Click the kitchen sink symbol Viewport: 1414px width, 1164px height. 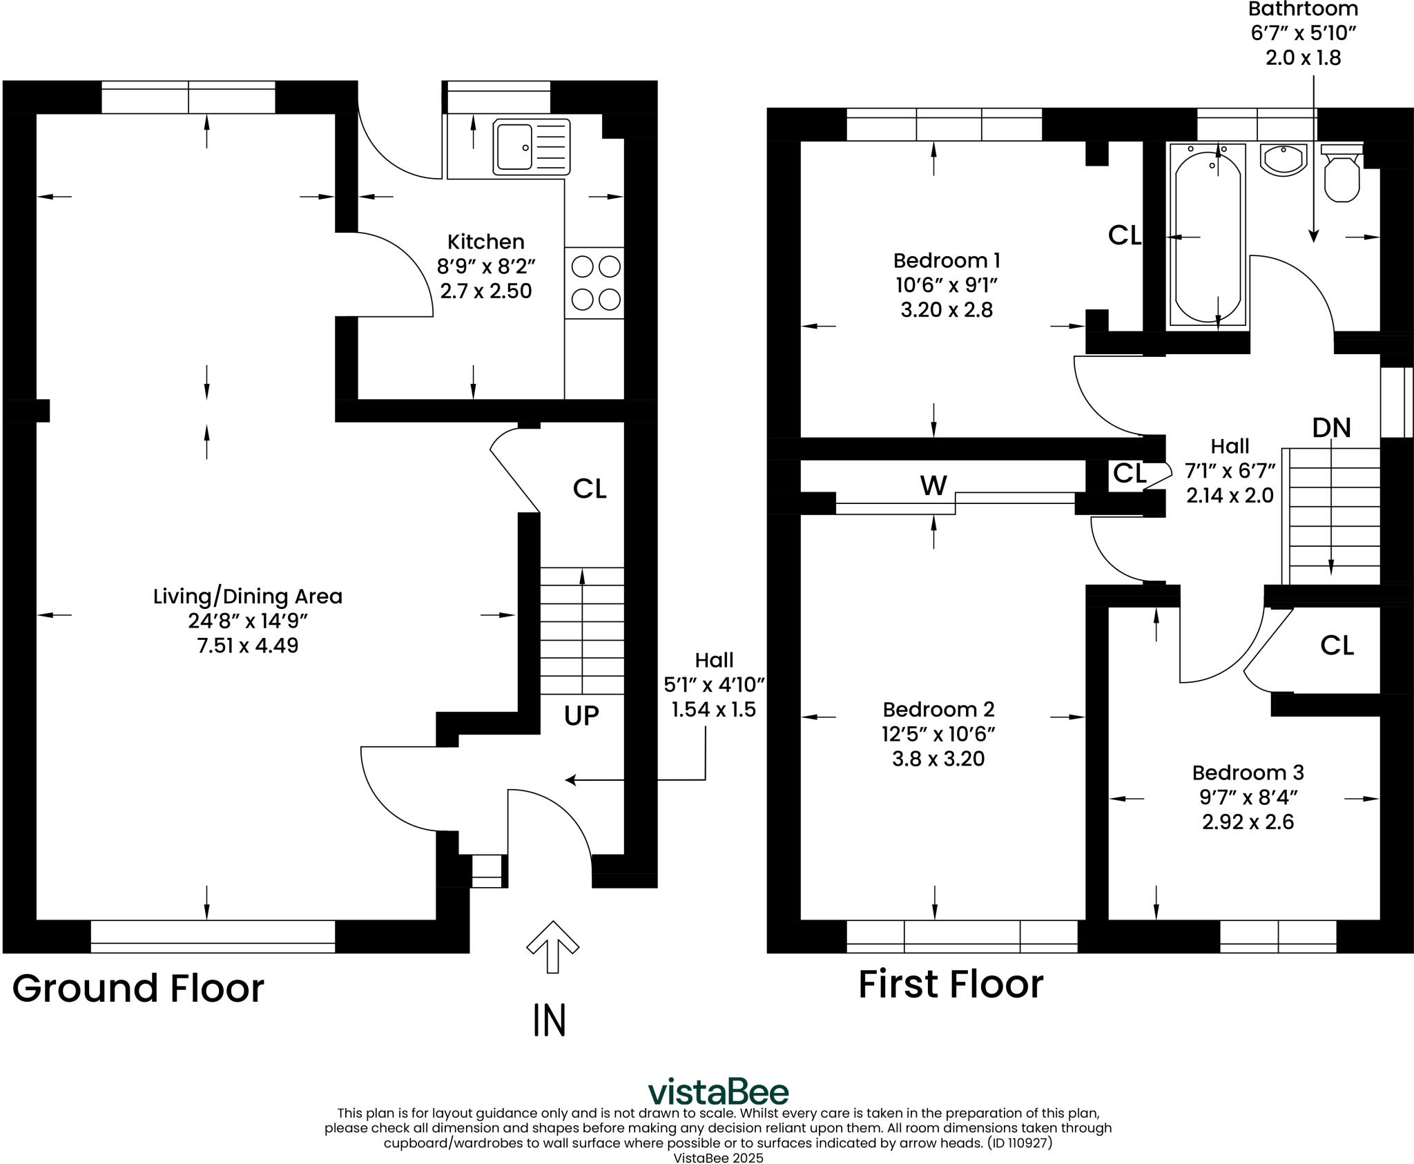coord(532,146)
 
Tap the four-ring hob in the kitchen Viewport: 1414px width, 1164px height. coord(594,282)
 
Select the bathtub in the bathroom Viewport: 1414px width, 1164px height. coord(1207,235)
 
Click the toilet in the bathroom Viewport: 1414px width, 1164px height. coord(1342,173)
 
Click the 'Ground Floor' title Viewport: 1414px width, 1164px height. coord(138,989)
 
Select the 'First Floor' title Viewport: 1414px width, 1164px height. coord(951,984)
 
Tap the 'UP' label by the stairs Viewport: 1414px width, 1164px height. coord(581,716)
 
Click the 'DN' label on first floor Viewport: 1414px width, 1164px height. coord(1331,428)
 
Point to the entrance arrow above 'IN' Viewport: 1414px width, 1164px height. coord(552,947)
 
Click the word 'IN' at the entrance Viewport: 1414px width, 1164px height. coord(550,1020)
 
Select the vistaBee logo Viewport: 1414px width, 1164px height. coord(718,1092)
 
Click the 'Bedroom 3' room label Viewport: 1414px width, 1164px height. coord(1248,773)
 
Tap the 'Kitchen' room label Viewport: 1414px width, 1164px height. coord(486,242)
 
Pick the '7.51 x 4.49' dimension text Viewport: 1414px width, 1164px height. coord(248,646)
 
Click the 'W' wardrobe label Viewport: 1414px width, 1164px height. coord(933,486)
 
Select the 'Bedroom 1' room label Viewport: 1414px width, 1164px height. coord(947,260)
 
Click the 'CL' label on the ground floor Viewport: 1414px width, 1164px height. coord(590,489)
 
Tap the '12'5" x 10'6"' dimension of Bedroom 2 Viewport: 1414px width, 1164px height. coord(938,734)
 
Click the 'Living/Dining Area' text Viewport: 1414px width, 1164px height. coord(248,596)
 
